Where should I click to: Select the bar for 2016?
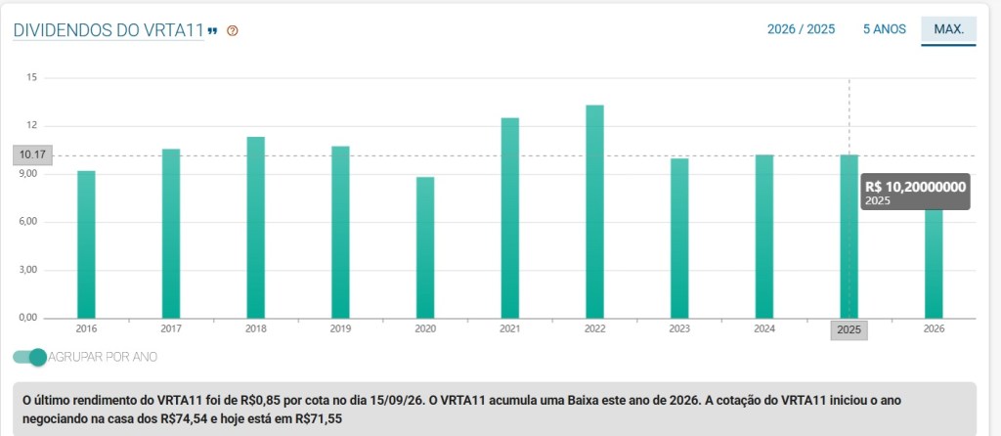[x=86, y=244]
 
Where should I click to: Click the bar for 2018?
[x=256, y=227]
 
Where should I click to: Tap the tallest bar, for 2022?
[x=594, y=212]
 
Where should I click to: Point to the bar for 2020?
[x=425, y=247]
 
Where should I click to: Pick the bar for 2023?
[x=679, y=239]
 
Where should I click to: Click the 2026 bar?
[x=934, y=264]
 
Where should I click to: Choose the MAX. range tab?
[x=948, y=29]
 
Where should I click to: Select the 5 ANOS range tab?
[x=884, y=29]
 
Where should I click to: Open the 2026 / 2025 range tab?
[x=801, y=29]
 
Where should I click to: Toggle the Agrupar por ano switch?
[x=30, y=357]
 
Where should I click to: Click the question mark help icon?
[x=233, y=30]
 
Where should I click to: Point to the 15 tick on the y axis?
[x=31, y=78]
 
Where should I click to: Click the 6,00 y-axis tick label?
[x=28, y=222]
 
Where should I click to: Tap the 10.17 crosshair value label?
[x=32, y=155]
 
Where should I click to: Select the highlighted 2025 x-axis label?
[x=849, y=329]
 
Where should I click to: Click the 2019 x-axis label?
[x=340, y=329]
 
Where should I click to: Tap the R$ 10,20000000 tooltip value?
[x=915, y=187]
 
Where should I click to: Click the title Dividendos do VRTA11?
[x=109, y=30]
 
